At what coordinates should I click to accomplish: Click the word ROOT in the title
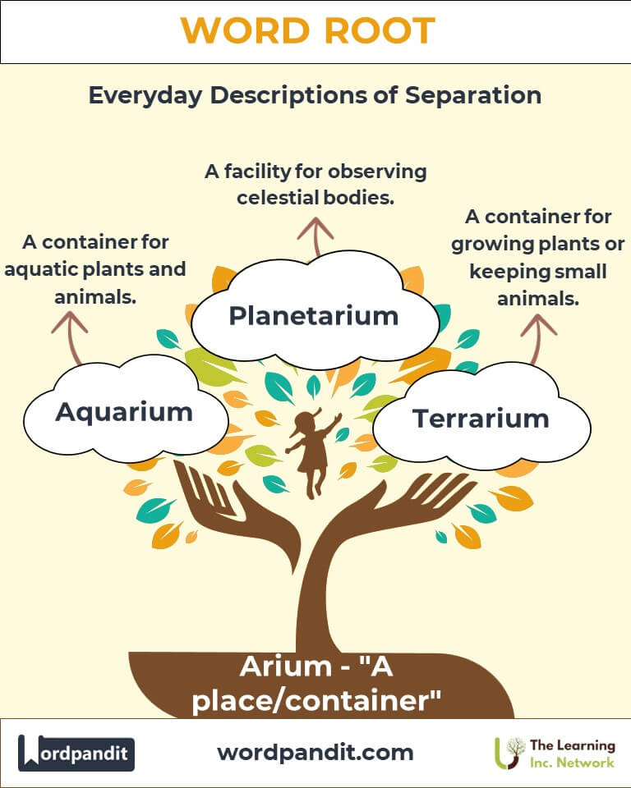point(380,30)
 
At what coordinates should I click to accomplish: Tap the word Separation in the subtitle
point(473,95)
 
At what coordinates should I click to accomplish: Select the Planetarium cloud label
point(314,316)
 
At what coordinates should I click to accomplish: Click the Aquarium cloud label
point(124,413)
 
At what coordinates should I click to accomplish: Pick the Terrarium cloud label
point(481,419)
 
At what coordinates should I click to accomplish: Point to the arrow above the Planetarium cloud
point(315,236)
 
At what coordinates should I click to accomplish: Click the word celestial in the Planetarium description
point(278,198)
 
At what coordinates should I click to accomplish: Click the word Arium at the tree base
point(286,667)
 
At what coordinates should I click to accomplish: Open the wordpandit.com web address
point(315,753)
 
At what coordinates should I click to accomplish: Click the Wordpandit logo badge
point(76,753)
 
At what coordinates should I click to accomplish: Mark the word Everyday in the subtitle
point(145,96)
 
